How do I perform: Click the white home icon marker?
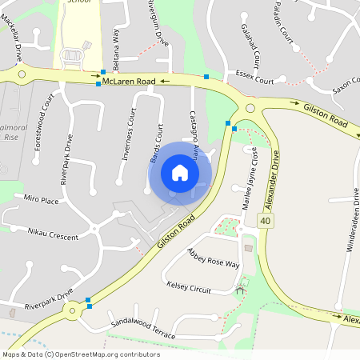(180, 173)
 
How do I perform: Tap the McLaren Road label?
(128, 81)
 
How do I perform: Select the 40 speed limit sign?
(265, 219)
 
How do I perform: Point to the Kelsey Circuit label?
(188, 286)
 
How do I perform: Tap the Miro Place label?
(42, 199)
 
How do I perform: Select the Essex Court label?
(255, 81)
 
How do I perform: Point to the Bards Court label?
(156, 145)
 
